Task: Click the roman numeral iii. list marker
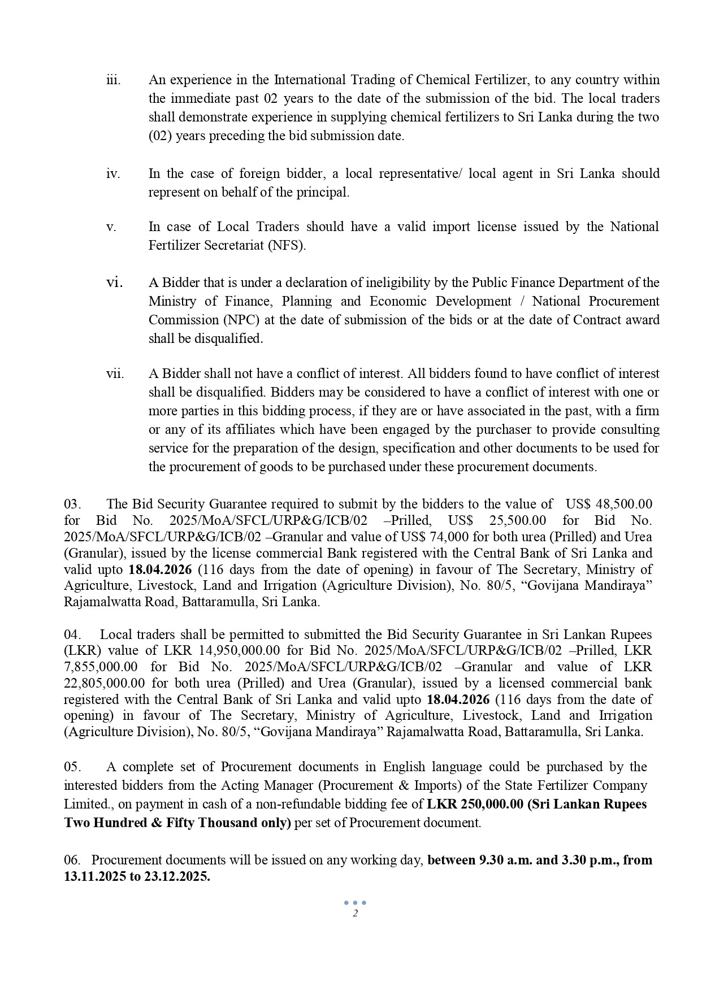pyautogui.click(x=114, y=80)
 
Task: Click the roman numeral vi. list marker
pyautogui.click(x=115, y=282)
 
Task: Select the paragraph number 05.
pyautogui.click(x=72, y=767)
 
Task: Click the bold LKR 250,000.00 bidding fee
pyautogui.click(x=475, y=804)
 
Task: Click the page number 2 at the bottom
pyautogui.click(x=355, y=914)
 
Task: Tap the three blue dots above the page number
pyautogui.click(x=355, y=903)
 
